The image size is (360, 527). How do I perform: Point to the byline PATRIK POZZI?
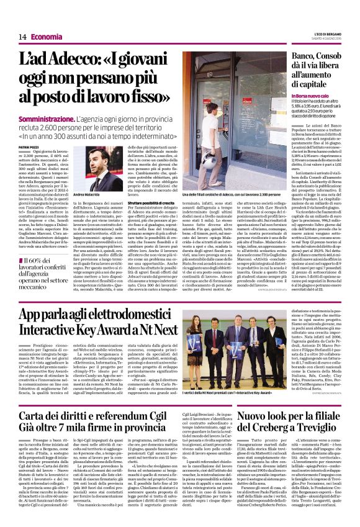point(32,146)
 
